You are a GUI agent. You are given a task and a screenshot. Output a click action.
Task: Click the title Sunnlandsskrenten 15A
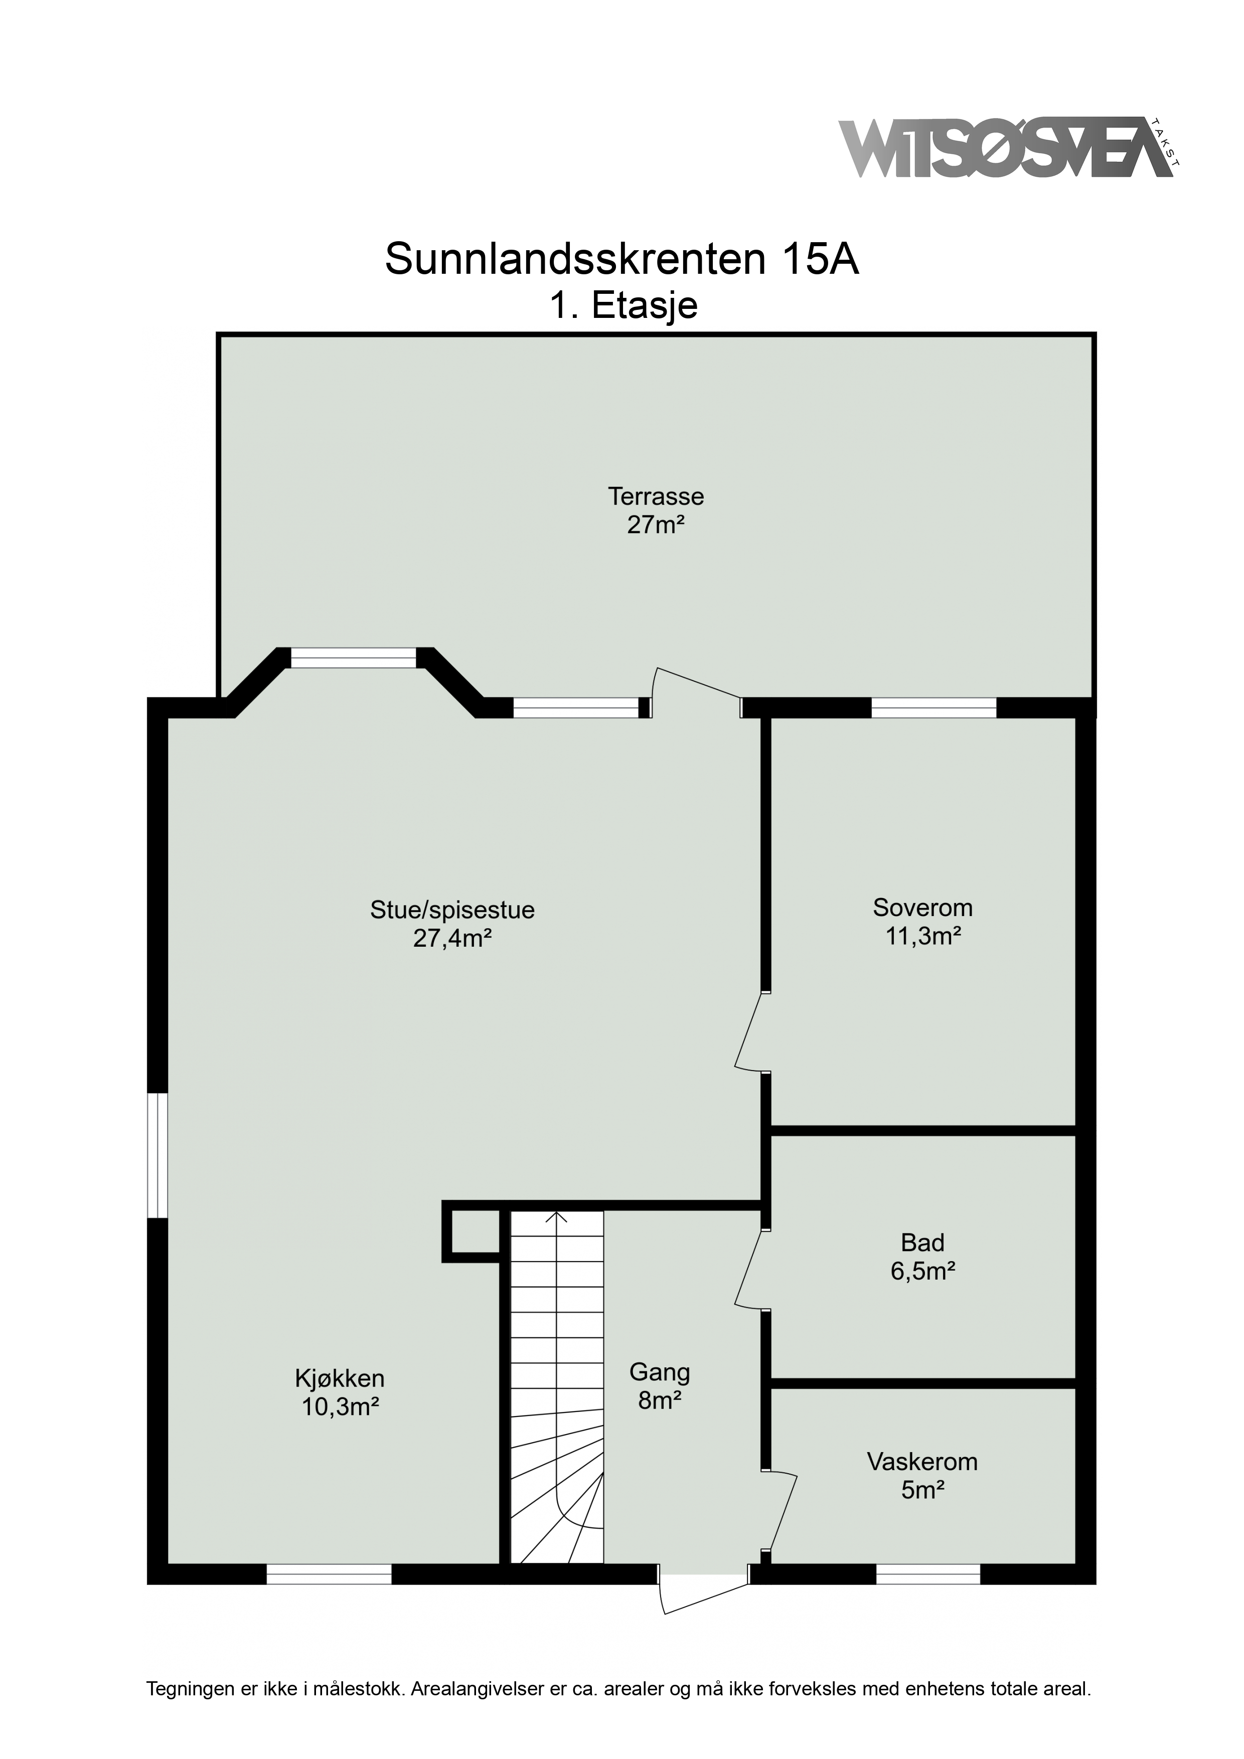[x=621, y=260]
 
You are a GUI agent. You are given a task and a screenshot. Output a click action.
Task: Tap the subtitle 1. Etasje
[x=623, y=306]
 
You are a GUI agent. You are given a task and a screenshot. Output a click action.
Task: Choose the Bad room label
[x=923, y=1242]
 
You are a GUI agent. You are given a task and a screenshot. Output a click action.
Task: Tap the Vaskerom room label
[x=923, y=1462]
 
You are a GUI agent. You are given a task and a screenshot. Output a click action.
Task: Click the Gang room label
[x=660, y=1372]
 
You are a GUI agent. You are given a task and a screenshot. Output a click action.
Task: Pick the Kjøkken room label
[x=340, y=1379]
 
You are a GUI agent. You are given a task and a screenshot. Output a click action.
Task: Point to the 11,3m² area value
[x=923, y=936]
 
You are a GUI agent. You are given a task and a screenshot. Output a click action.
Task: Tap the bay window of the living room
[x=354, y=657]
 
